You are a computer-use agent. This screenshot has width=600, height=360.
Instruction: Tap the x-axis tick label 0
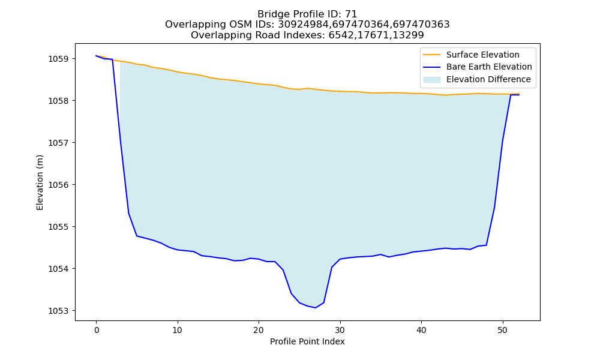[97, 330]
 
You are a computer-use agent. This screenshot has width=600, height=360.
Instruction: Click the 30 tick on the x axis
[340, 330]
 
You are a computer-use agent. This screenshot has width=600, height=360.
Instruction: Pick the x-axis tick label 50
[503, 330]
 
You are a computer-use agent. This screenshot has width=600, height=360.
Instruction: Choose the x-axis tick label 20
[259, 330]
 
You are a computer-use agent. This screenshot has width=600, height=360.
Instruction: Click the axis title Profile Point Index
[307, 341]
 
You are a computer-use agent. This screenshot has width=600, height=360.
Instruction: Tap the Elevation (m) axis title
[40, 182]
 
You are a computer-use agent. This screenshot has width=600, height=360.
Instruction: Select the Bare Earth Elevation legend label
[489, 67]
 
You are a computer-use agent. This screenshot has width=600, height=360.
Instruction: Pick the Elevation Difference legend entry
[488, 79]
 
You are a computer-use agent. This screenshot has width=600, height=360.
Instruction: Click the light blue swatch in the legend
[431, 80]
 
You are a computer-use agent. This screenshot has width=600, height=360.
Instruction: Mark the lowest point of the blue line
[316, 308]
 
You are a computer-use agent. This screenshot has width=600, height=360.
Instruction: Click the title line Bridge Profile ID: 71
[307, 14]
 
